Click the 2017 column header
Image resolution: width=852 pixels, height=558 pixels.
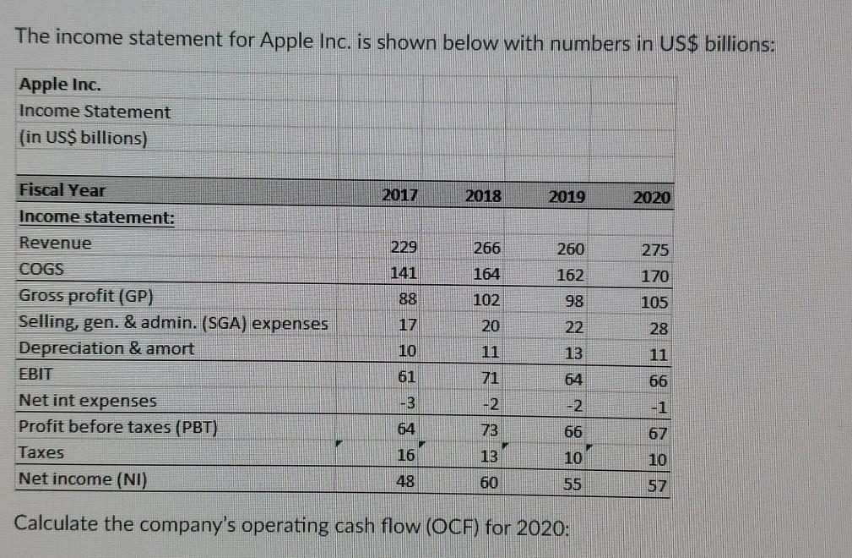tap(399, 194)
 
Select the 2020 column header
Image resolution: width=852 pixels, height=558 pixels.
tap(652, 198)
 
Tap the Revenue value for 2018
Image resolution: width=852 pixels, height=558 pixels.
tap(487, 249)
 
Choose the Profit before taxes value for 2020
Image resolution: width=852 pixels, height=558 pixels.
tap(658, 433)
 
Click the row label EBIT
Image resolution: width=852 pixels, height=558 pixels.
tap(35, 373)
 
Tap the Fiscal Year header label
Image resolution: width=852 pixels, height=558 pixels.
tap(62, 190)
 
